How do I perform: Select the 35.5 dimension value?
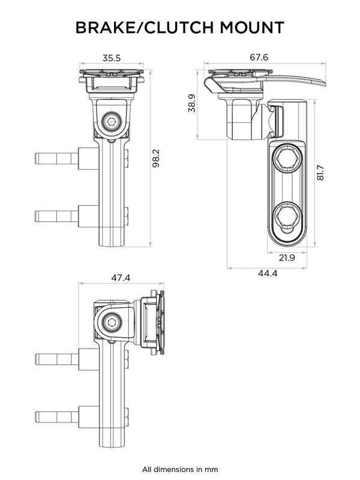tap(112, 58)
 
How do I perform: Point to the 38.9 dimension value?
tap(191, 103)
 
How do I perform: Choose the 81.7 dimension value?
tap(320, 173)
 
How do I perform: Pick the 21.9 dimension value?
tap(287, 258)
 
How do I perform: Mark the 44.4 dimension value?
tap(267, 273)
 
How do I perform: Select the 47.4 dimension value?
tap(121, 278)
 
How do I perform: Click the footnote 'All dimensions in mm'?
tap(180, 469)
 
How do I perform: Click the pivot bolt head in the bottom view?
tap(111, 323)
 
